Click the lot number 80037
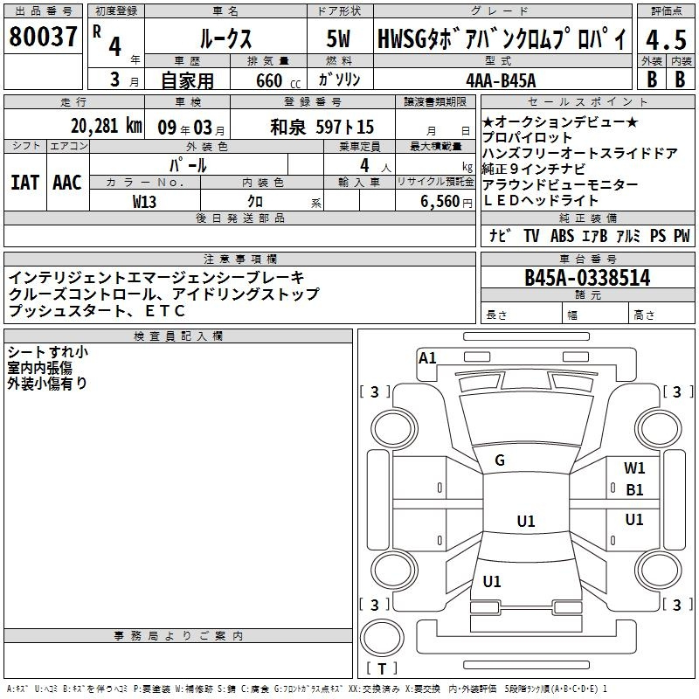coord(43,37)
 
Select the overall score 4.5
coord(666,39)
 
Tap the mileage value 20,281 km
coord(107,126)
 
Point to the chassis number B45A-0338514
coord(587,278)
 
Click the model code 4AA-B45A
coord(501,80)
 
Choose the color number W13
coord(144,202)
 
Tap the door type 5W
coord(338,38)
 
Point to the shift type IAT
coord(25,183)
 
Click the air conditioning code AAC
coord(67,183)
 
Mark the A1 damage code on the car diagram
coord(427,358)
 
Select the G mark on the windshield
coord(500,460)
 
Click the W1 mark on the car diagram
coord(634,467)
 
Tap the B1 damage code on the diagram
coord(634,490)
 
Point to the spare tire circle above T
coord(382,638)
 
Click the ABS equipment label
coord(562,235)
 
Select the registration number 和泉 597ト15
coord(322,127)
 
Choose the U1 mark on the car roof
coord(526,521)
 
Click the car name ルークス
coord(225,38)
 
